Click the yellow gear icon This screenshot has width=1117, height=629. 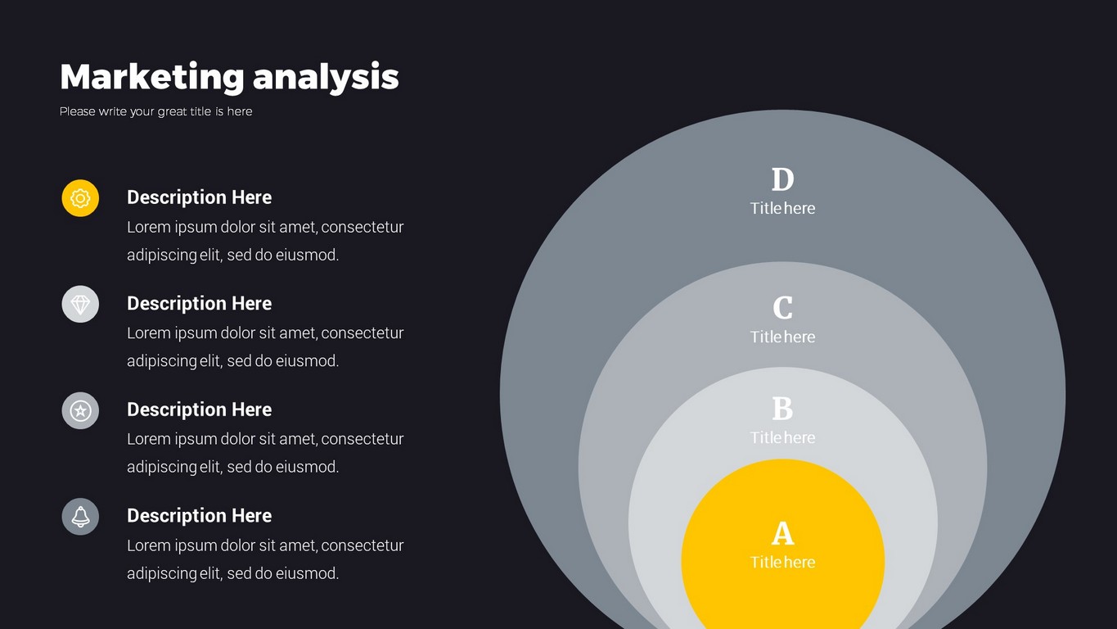80,198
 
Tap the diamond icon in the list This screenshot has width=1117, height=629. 80,304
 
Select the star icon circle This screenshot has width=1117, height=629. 80,410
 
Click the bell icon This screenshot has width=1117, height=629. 80,517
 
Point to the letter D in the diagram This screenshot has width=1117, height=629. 782,179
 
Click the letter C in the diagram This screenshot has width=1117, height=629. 782,307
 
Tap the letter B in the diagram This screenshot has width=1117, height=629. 782,409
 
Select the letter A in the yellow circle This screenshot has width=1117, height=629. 782,534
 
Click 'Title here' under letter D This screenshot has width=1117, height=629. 782,208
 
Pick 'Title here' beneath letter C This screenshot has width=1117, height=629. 782,337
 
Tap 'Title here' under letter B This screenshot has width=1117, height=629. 782,438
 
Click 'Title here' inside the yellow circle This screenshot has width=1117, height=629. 782,563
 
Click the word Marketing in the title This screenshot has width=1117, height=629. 152,77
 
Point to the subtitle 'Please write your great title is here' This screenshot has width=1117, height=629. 155,111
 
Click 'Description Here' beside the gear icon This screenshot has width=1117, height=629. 199,197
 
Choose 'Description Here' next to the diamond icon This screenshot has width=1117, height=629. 199,304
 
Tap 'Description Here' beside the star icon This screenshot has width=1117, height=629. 199,410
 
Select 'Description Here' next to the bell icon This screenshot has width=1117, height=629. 199,516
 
